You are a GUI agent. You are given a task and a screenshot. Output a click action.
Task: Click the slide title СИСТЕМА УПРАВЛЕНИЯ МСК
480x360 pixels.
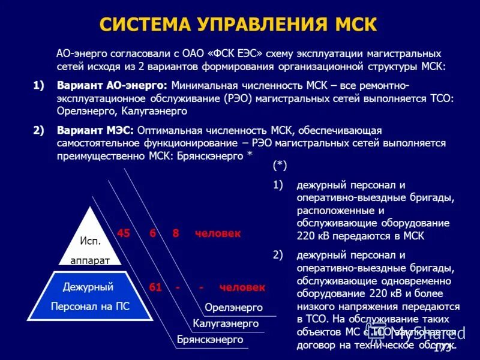click(238, 25)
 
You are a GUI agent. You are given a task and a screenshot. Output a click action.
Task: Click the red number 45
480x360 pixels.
click(123, 233)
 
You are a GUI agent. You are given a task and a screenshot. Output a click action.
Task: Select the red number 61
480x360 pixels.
click(155, 287)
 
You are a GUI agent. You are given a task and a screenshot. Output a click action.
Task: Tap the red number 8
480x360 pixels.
click(176, 233)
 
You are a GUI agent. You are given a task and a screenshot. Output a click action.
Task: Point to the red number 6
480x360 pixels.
click(154, 233)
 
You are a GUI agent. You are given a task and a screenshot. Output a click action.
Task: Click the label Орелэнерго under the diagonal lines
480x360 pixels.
click(233, 307)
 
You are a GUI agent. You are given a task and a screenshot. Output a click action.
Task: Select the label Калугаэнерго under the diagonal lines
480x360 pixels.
click(226, 323)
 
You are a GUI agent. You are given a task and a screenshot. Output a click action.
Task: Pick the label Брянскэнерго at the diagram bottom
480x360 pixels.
click(210, 339)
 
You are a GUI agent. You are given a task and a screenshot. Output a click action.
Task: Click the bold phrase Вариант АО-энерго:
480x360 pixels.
click(111, 85)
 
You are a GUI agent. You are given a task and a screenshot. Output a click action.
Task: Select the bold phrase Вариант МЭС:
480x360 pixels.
click(95, 130)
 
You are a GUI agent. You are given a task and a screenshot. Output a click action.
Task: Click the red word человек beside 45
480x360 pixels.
click(218, 233)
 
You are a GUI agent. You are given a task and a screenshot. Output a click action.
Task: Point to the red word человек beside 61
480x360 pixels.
click(242, 287)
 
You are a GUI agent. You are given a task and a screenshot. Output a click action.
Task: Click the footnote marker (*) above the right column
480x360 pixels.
click(280, 164)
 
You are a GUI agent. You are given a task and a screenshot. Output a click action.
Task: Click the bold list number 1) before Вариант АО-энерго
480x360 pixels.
click(39, 85)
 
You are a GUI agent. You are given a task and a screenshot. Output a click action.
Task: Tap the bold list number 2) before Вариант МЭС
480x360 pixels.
click(39, 130)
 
